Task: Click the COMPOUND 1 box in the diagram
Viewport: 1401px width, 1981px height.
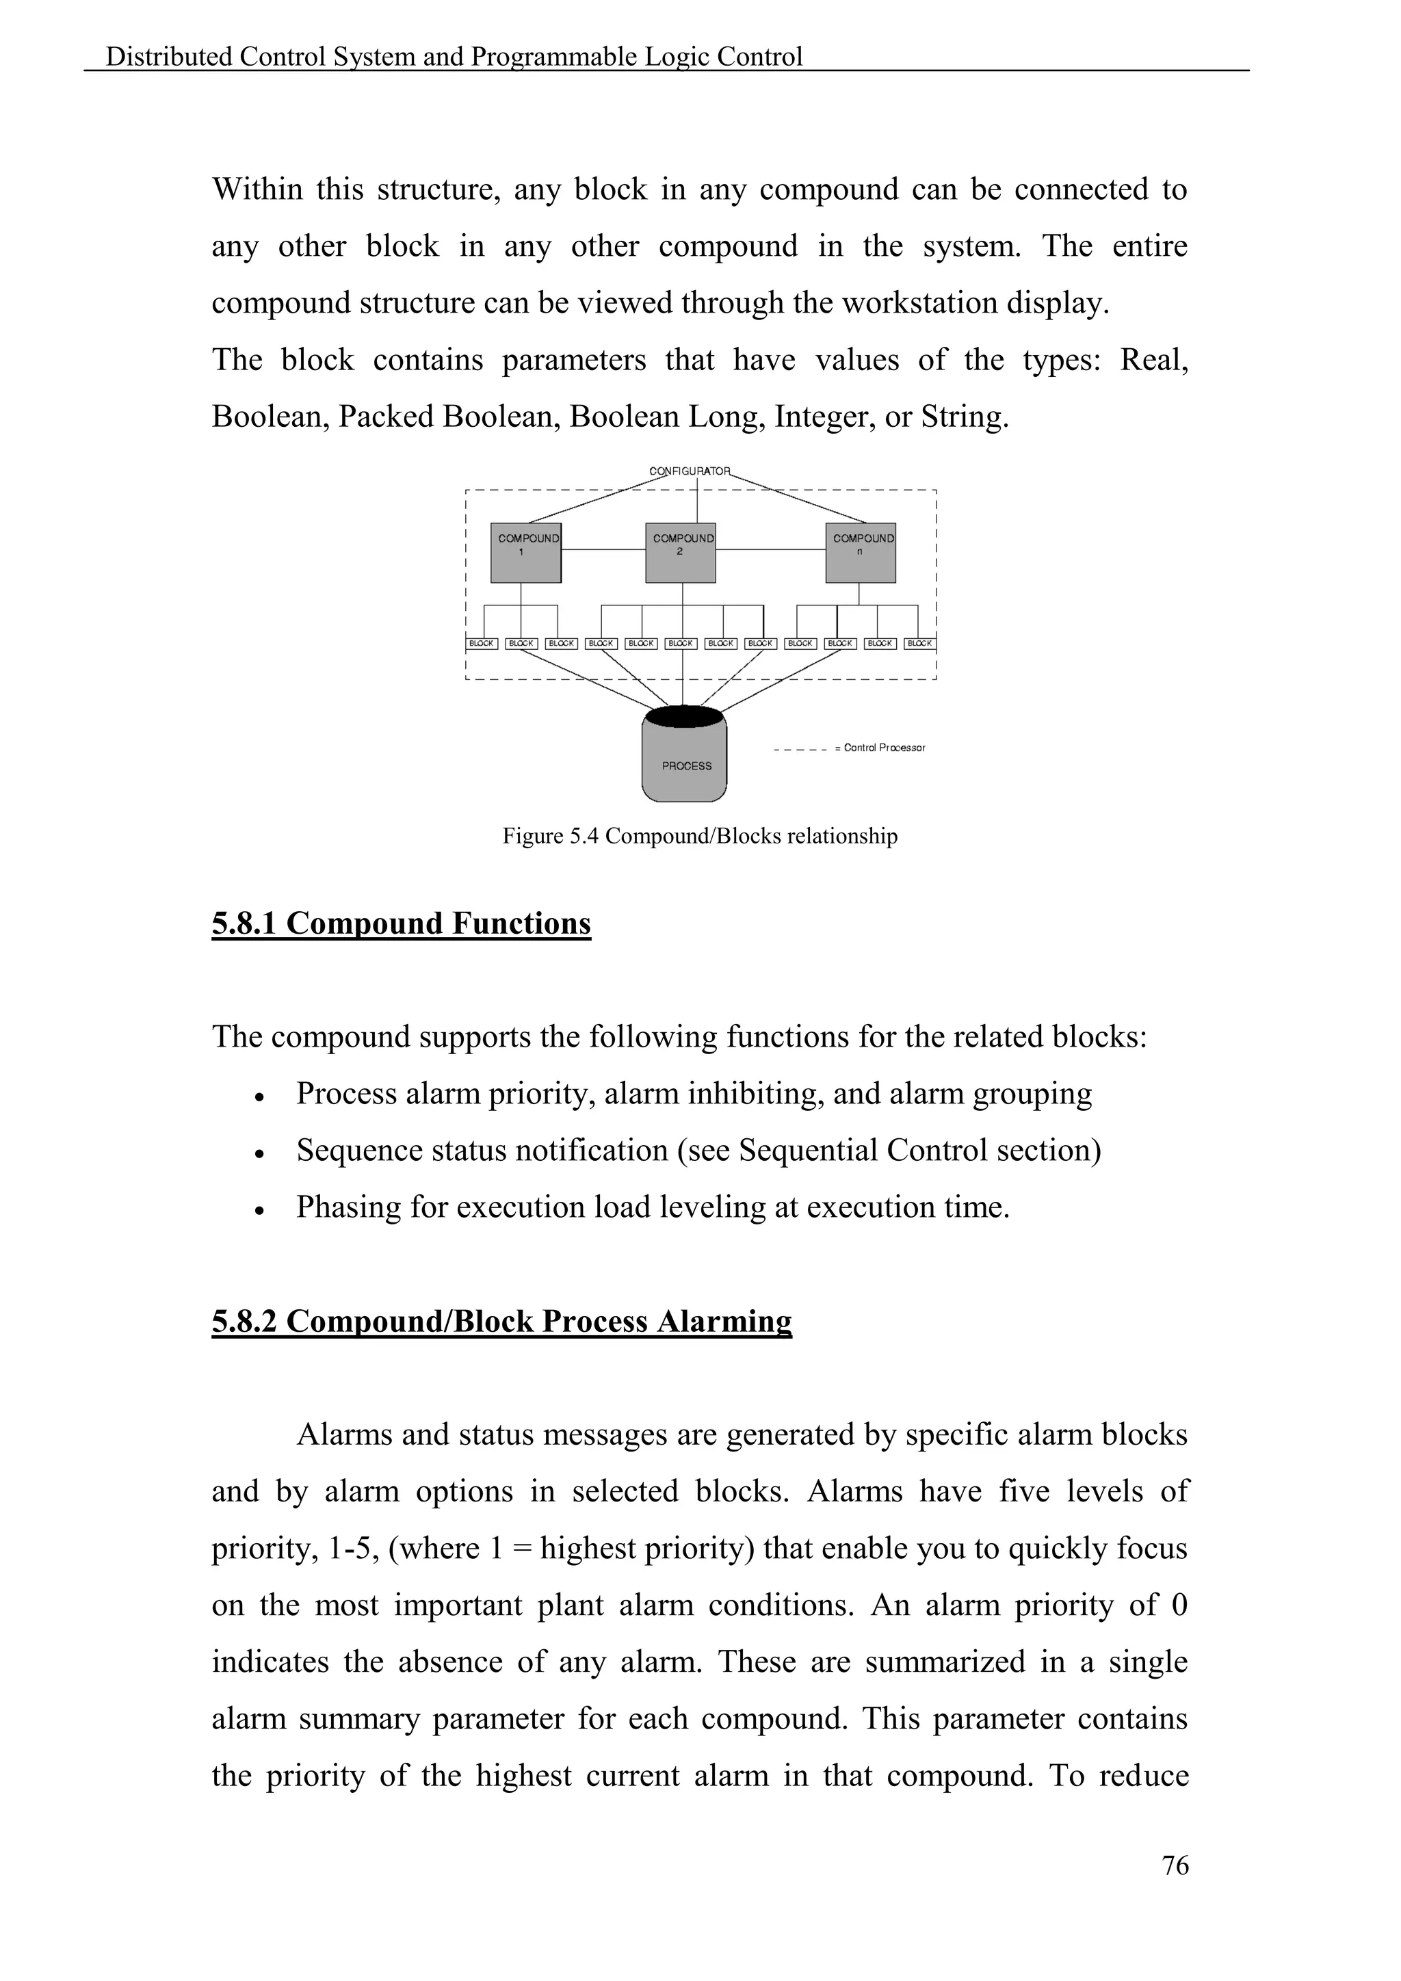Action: coord(525,552)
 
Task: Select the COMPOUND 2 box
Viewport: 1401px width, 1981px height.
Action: coord(681,552)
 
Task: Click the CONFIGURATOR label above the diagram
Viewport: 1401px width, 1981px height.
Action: coord(690,471)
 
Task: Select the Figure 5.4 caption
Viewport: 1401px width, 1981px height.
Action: coord(700,836)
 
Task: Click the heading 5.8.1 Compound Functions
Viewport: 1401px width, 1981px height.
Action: coord(401,924)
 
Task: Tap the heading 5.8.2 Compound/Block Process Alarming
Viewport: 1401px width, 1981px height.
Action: coord(501,1322)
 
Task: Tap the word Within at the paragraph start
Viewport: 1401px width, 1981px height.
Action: coord(257,189)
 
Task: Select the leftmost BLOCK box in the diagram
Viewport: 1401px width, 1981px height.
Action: coord(482,644)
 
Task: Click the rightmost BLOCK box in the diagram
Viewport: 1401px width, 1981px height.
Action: coord(919,644)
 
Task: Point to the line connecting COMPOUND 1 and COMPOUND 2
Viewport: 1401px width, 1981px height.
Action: coord(603,549)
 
